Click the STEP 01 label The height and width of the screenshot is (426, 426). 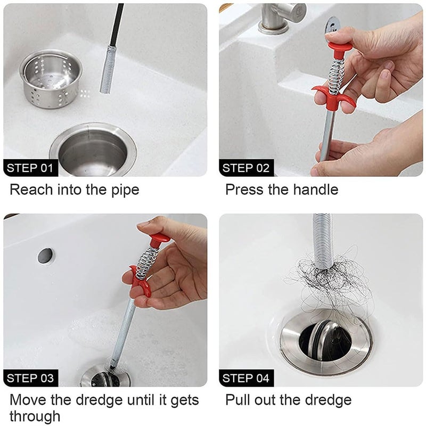coord(30,168)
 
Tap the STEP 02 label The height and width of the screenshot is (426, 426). coord(246,168)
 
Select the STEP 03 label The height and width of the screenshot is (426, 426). coord(30,379)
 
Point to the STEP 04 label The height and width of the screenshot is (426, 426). coord(246,379)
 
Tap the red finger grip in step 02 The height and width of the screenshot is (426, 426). coord(333,96)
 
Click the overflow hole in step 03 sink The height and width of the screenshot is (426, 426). coord(46,255)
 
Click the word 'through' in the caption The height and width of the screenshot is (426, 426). coord(35,415)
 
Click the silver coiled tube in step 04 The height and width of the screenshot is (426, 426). coord(323,240)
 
